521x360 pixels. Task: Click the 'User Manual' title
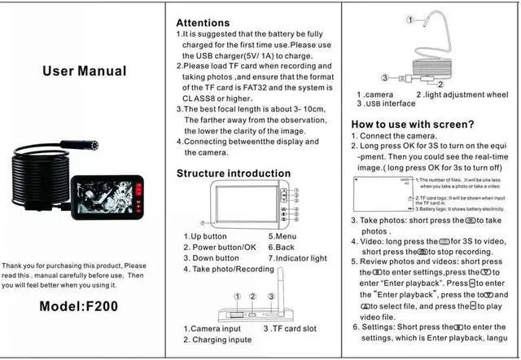click(85, 71)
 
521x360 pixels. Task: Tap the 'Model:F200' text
click(84, 307)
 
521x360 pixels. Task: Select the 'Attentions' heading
click(208, 22)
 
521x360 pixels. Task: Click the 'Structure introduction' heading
click(234, 173)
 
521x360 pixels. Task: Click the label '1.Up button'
click(205, 236)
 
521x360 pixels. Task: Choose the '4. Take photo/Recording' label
click(230, 269)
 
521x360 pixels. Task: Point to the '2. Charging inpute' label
click(218, 340)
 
